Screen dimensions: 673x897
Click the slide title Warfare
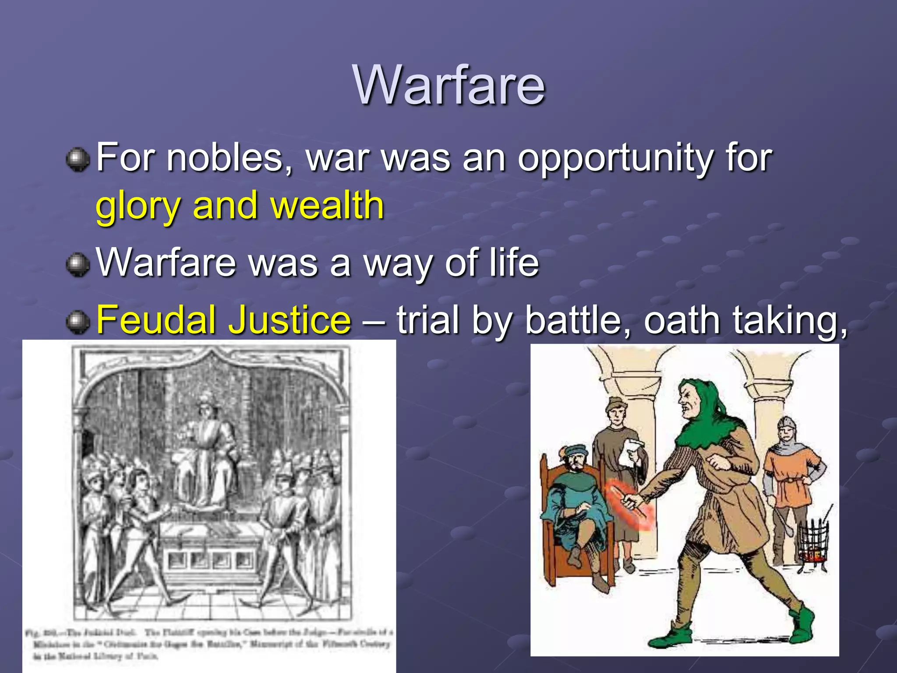click(x=449, y=85)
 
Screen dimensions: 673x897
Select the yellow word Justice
click(x=290, y=319)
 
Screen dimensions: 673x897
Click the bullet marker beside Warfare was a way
click(x=78, y=264)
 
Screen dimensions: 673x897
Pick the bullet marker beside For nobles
click(x=78, y=159)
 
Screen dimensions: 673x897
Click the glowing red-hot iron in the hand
click(x=633, y=504)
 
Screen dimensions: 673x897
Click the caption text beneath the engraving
click(x=208, y=644)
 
